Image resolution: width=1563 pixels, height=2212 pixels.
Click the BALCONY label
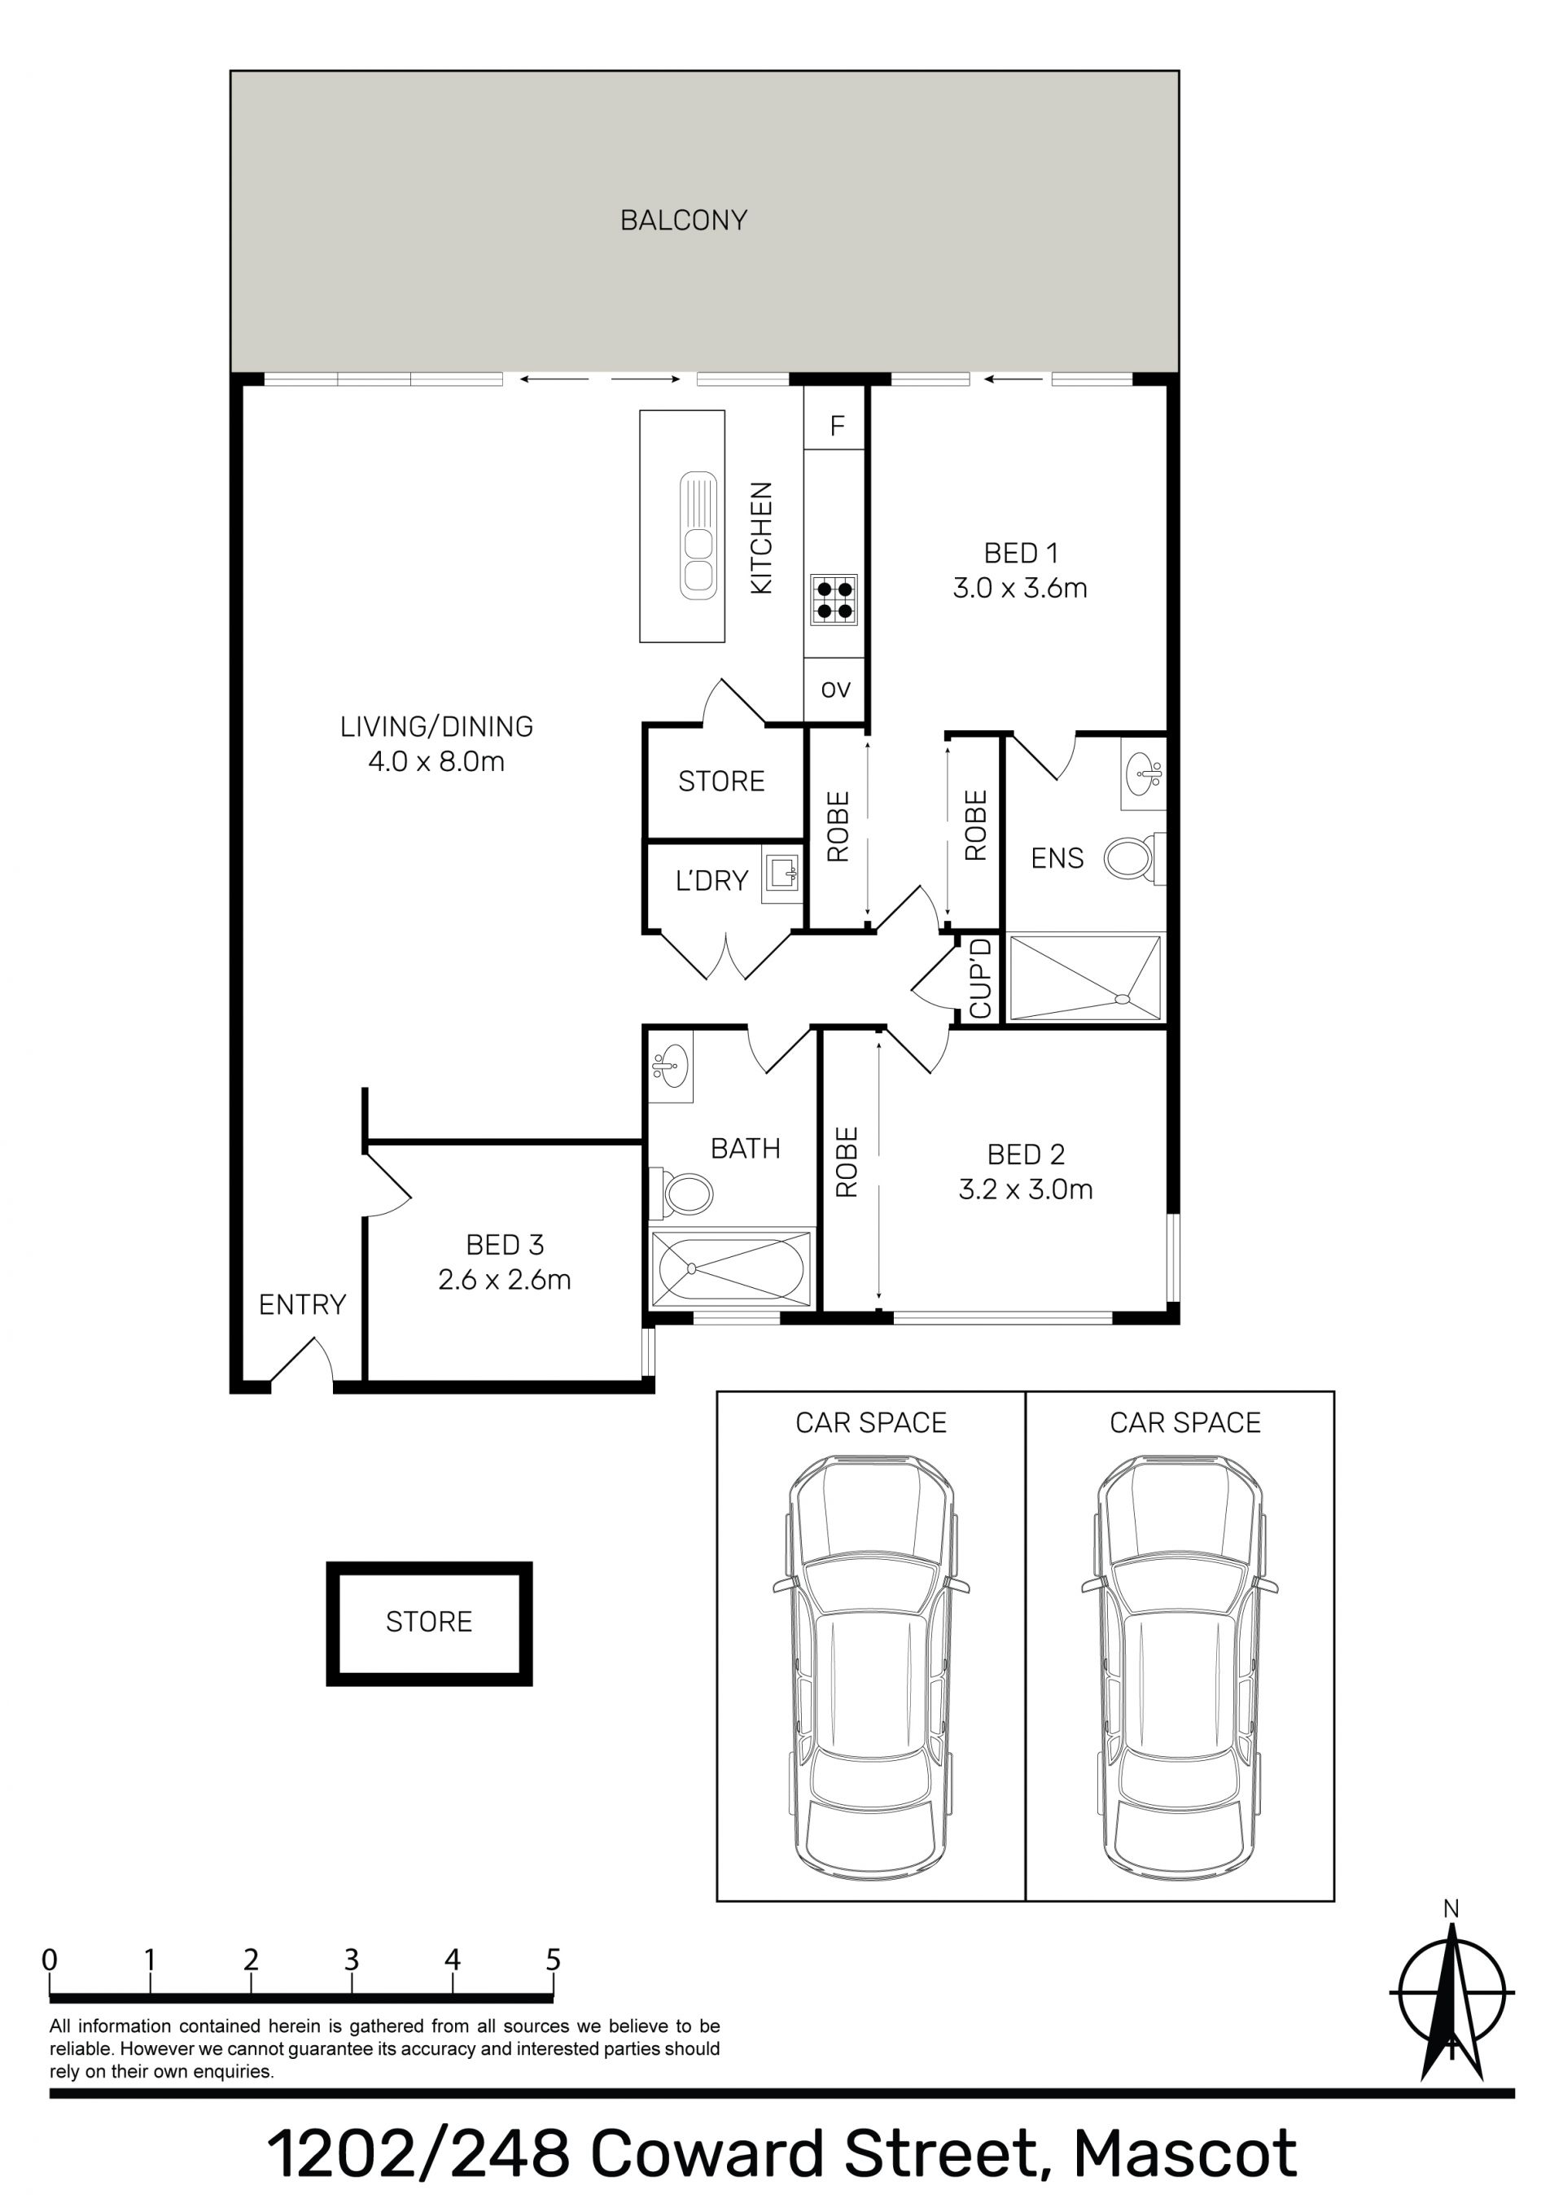pyautogui.click(x=683, y=221)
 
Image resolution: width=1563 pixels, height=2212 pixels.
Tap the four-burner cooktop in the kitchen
pyautogui.click(x=834, y=598)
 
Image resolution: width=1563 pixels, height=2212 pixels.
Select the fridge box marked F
pyautogui.click(x=836, y=425)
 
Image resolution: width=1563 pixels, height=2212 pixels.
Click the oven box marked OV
pyautogui.click(x=835, y=690)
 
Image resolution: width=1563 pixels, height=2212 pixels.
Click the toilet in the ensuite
pyautogui.click(x=1133, y=856)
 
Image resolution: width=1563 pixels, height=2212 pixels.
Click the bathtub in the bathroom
pyautogui.click(x=730, y=1268)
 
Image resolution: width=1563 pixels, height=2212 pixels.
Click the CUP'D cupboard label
pyautogui.click(x=981, y=978)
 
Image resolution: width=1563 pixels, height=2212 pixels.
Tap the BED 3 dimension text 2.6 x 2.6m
pyautogui.click(x=504, y=1280)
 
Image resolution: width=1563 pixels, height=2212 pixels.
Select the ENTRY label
pyautogui.click(x=302, y=1304)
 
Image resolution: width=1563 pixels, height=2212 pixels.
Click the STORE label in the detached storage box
pyautogui.click(x=429, y=1623)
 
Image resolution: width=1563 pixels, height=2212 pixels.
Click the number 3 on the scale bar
pyautogui.click(x=352, y=1960)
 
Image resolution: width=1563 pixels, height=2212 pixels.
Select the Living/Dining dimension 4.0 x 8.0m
pyautogui.click(x=436, y=762)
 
